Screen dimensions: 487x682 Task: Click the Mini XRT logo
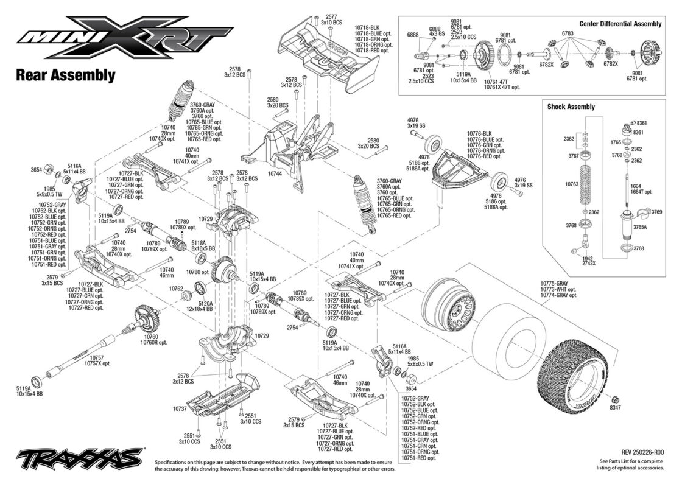116,41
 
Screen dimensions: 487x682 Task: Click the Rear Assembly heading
65,75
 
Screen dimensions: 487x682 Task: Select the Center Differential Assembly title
620,24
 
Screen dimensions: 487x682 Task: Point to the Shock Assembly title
571,107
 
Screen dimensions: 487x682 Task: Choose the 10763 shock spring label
572,183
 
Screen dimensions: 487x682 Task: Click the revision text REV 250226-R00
642,453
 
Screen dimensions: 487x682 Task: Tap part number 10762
176,289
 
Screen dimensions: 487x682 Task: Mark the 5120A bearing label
204,303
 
